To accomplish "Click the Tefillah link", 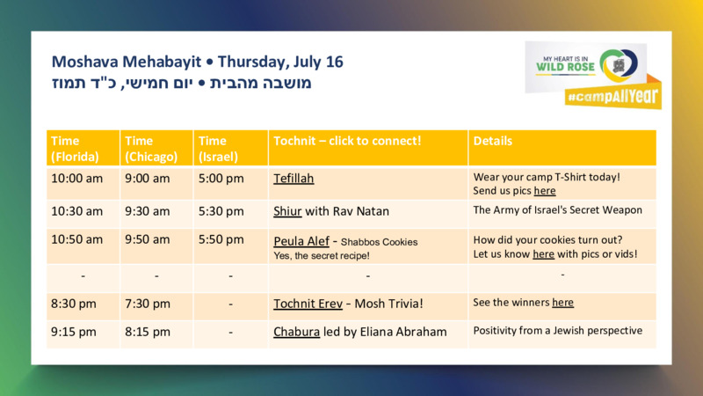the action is pyautogui.click(x=294, y=179).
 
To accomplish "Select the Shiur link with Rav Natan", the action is pyautogui.click(x=287, y=211).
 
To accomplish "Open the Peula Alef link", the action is pyautogui.click(x=301, y=241).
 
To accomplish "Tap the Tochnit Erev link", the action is pyautogui.click(x=308, y=304).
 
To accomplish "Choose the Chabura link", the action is pyautogui.click(x=297, y=332).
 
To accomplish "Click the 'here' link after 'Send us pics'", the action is pyautogui.click(x=545, y=191).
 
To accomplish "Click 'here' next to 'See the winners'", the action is pyautogui.click(x=562, y=302).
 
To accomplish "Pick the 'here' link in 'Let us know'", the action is pyautogui.click(x=543, y=254).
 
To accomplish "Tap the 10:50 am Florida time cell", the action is pyautogui.click(x=76, y=239).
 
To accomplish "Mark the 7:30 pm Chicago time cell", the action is pyautogui.click(x=148, y=304).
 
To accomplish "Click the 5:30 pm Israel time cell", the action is pyautogui.click(x=221, y=211).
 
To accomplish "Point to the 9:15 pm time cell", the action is pyautogui.click(x=74, y=333).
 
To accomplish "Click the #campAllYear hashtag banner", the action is pyautogui.click(x=613, y=96).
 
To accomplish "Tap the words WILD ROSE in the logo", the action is pyautogui.click(x=565, y=68).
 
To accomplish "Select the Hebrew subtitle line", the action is pyautogui.click(x=182, y=84).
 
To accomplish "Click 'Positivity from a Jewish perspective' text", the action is pyautogui.click(x=558, y=331).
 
